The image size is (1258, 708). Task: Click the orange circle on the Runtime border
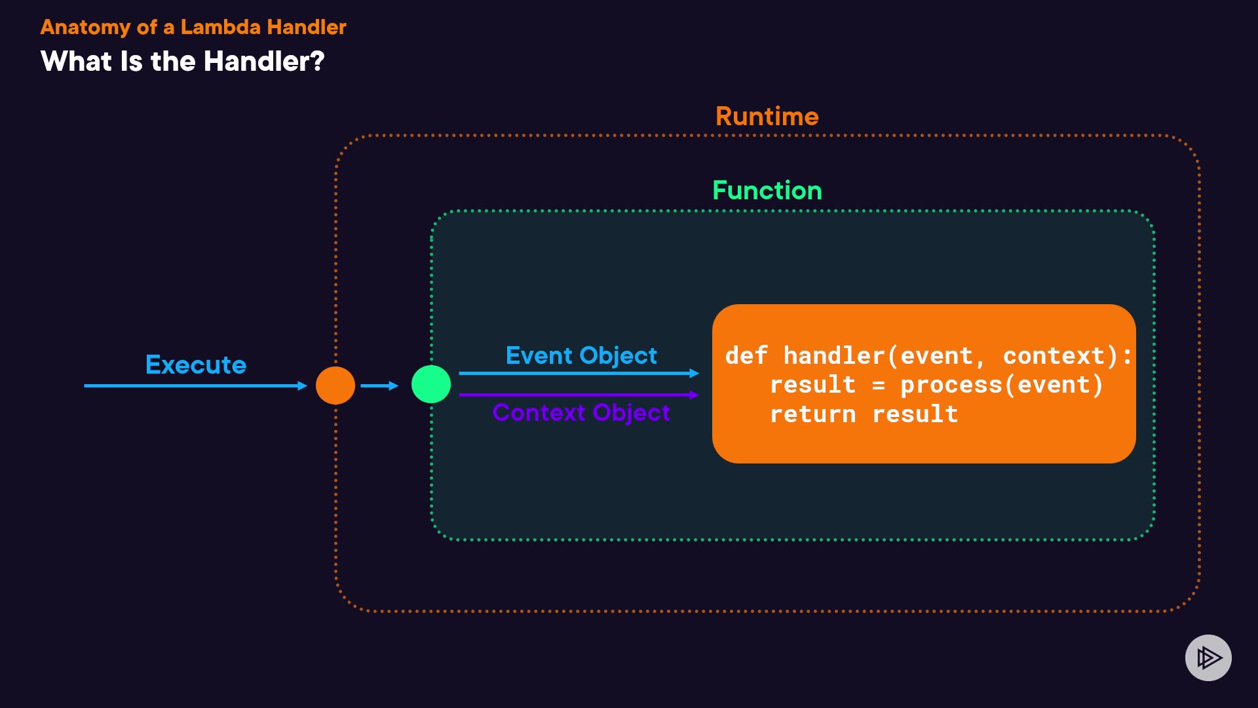335,385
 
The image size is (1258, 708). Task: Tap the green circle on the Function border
431,384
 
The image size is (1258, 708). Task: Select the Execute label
196,364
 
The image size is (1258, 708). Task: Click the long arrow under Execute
196,385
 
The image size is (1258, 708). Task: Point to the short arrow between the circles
379,385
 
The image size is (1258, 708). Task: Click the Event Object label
581,355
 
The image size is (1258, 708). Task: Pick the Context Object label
581,412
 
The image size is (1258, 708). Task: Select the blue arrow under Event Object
579,373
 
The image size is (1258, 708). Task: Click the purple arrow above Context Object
579,395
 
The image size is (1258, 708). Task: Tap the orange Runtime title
767,117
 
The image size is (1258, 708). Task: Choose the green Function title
767,191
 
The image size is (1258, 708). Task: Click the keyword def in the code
746,355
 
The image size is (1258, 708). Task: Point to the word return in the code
813,414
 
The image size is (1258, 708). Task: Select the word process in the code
951,385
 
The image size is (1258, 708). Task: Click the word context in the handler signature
1054,355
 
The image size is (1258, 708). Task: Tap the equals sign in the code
879,385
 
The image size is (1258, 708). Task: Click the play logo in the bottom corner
1208,658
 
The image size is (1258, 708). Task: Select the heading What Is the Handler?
183,62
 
